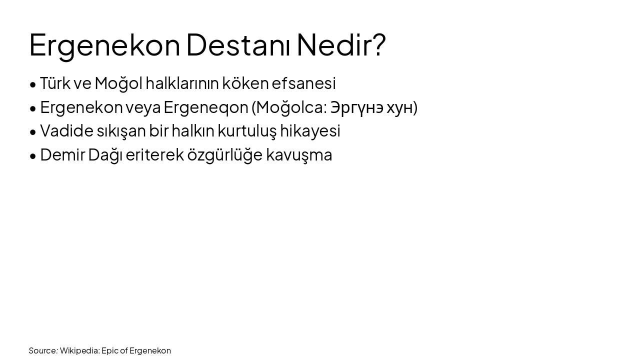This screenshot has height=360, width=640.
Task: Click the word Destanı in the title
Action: pyautogui.click(x=238, y=44)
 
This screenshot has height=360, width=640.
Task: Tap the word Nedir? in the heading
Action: pyautogui.click(x=341, y=44)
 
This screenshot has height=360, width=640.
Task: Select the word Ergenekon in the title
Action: pyautogui.click(x=104, y=45)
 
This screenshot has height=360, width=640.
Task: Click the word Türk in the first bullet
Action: pyautogui.click(x=55, y=83)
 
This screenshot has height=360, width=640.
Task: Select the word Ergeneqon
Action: pyautogui.click(x=206, y=107)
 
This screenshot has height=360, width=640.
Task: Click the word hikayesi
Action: pyautogui.click(x=310, y=131)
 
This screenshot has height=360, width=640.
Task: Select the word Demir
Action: pyautogui.click(x=62, y=155)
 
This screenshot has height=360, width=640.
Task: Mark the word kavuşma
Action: pyautogui.click(x=299, y=155)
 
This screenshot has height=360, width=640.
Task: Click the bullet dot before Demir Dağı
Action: pyautogui.click(x=33, y=156)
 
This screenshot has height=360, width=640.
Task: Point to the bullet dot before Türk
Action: pyautogui.click(x=33, y=84)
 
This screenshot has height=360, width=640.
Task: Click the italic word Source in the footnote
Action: pyautogui.click(x=42, y=350)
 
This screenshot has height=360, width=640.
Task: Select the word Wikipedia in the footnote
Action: pyautogui.click(x=79, y=350)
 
